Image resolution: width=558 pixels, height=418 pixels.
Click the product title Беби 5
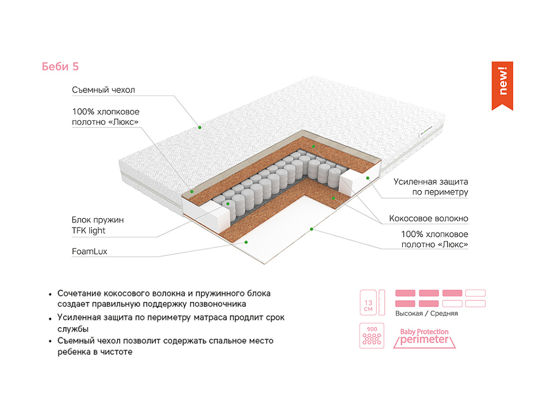tap(60, 66)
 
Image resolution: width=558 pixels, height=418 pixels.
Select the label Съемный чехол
tap(103, 90)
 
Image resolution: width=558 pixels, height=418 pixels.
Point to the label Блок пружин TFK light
tap(98, 225)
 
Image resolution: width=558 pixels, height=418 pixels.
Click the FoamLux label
tap(89, 252)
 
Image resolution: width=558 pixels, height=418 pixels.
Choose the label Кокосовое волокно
tap(428, 219)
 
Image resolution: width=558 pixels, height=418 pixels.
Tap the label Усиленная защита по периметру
tap(431, 187)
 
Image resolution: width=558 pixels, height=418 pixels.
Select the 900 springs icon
tap(372, 336)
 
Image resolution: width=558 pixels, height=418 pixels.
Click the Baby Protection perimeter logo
tap(424, 337)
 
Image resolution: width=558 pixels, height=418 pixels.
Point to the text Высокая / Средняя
tap(426, 313)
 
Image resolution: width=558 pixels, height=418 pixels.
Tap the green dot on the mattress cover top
tap(200, 127)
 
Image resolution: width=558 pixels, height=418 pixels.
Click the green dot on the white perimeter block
tap(368, 177)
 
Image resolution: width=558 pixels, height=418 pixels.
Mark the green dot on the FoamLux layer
tap(246, 241)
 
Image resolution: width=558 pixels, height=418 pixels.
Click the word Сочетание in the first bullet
tap(81, 293)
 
